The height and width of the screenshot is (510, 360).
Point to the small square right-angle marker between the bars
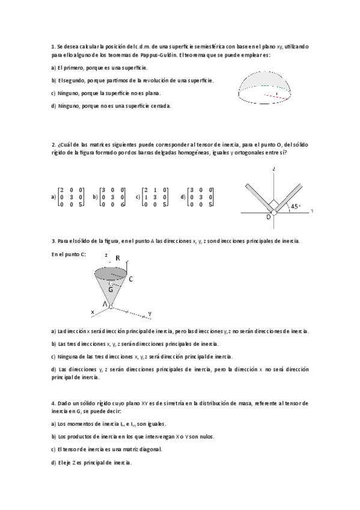point(273,203)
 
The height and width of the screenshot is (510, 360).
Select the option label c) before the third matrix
point(138,196)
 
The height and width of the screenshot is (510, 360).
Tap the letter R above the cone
point(118,259)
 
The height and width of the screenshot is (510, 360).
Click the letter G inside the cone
point(112,287)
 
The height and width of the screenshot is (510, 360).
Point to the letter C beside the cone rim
point(131,279)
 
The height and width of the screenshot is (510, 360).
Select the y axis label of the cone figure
point(149,313)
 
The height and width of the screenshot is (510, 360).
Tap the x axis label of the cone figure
point(93,312)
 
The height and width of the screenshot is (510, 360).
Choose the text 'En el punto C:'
point(69,254)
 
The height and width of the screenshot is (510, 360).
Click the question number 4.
point(53,402)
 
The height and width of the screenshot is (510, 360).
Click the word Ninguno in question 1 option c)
point(69,93)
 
